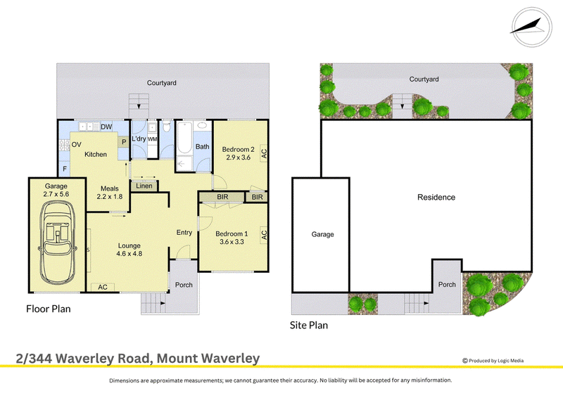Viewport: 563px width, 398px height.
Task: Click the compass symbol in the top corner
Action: click(531, 27)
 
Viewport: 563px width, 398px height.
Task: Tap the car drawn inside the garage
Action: click(58, 242)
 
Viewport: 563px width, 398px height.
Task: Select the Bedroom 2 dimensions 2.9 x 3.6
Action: click(238, 158)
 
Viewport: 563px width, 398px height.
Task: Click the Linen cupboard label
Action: click(144, 186)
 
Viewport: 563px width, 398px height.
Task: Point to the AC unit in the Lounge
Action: click(103, 287)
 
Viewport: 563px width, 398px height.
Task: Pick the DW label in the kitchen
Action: click(106, 127)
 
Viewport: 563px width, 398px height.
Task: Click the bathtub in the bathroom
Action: click(184, 138)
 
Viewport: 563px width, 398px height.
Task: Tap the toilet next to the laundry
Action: click(166, 127)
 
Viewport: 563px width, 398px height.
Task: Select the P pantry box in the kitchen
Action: click(124, 142)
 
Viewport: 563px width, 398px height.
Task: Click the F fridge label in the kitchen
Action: click(65, 169)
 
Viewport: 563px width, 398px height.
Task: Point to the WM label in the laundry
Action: click(152, 139)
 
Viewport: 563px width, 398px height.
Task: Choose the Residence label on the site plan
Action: click(436, 197)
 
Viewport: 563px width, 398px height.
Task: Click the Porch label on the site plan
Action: click(447, 284)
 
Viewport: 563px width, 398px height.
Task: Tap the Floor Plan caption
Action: click(49, 309)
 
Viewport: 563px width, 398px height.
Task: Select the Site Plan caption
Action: click(309, 325)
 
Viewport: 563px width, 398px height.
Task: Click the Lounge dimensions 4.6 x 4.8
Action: click(129, 253)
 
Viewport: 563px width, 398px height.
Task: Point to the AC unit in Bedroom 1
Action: click(264, 235)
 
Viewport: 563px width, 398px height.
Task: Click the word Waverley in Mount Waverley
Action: click(230, 358)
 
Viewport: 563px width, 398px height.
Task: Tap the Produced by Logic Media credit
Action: click(493, 361)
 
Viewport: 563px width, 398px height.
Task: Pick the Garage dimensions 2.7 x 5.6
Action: click(56, 194)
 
